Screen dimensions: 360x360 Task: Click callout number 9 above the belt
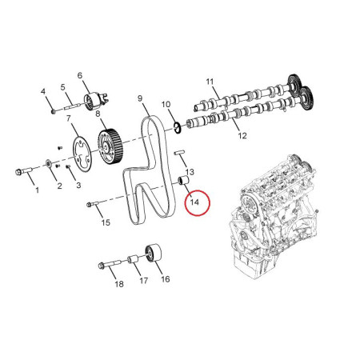coord(140,98)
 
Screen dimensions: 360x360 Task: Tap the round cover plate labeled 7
coord(82,154)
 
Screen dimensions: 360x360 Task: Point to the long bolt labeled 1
coord(23,171)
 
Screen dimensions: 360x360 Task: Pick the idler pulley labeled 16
coord(154,254)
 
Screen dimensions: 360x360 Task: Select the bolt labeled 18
coord(110,264)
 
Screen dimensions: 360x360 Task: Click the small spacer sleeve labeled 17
coord(133,259)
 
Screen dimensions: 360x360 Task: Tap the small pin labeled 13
coord(179,153)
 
